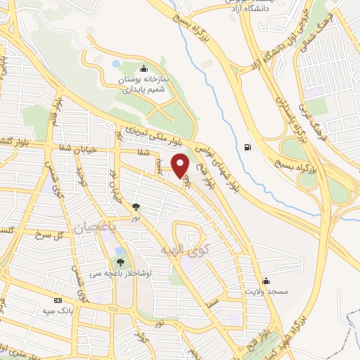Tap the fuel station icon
[x=247, y=147]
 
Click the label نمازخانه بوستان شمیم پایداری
[x=143, y=85]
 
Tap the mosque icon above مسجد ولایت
[x=265, y=280]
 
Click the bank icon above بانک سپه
[x=58, y=300]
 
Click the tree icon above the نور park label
[x=136, y=207]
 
